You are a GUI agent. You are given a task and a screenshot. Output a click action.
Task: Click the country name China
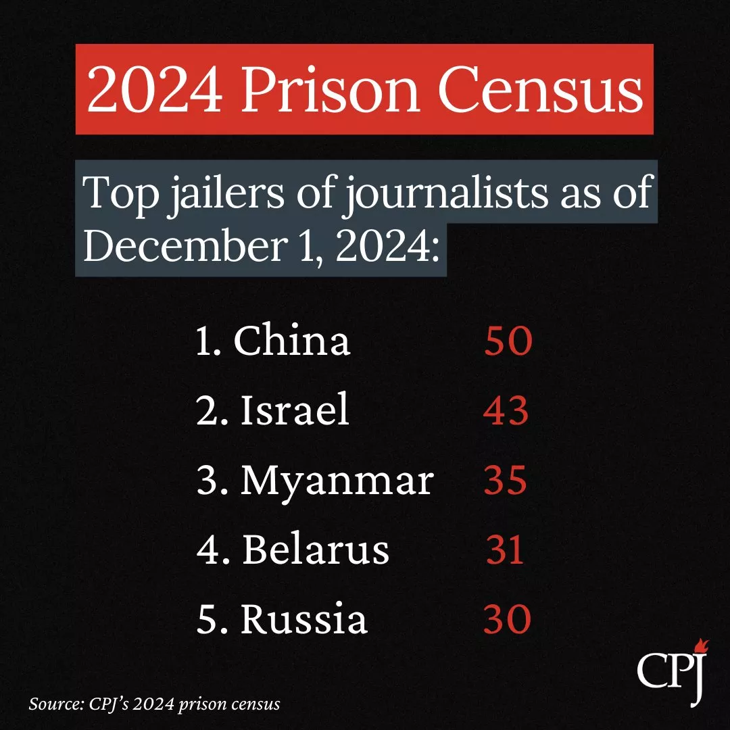(x=292, y=342)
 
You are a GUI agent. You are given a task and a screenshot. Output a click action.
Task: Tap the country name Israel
(x=295, y=410)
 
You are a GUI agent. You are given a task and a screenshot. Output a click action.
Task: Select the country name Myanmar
(x=337, y=481)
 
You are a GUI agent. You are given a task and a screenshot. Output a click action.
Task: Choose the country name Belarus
(x=315, y=550)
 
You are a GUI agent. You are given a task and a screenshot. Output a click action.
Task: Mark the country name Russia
(x=303, y=620)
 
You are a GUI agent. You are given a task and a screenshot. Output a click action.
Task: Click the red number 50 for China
(x=508, y=342)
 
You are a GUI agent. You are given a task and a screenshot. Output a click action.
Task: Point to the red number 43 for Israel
(x=506, y=411)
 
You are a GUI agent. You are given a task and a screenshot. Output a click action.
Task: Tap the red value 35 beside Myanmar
(x=505, y=481)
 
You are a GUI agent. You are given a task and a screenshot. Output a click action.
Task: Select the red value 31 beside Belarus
(x=505, y=551)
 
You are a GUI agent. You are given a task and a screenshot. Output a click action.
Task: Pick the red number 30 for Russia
(x=506, y=620)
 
